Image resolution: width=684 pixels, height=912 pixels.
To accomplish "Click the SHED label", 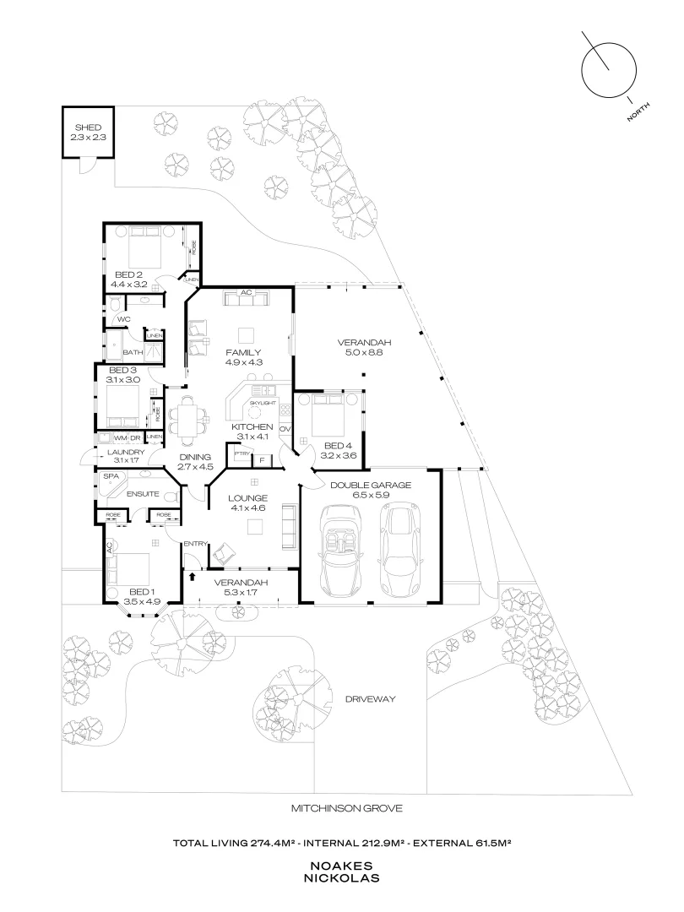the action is pyautogui.click(x=88, y=128).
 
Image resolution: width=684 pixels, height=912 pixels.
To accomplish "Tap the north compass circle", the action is pyautogui.click(x=609, y=70).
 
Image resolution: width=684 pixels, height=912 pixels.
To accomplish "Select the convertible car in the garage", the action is pyautogui.click(x=341, y=551).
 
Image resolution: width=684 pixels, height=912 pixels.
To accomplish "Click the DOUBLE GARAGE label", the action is pyautogui.click(x=371, y=485).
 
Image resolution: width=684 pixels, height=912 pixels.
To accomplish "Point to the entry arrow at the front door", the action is pyautogui.click(x=193, y=577).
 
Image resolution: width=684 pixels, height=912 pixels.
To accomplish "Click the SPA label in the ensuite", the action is pyautogui.click(x=111, y=476).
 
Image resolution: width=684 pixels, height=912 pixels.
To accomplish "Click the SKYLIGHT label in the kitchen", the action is pyautogui.click(x=263, y=403).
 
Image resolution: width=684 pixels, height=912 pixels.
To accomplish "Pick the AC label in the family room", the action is pyautogui.click(x=246, y=292).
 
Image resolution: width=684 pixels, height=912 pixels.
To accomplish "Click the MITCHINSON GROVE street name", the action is pyautogui.click(x=347, y=808).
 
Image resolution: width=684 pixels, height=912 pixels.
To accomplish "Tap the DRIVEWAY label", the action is pyautogui.click(x=370, y=699).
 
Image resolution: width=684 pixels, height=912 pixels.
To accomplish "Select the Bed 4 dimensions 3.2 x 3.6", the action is pyautogui.click(x=338, y=456).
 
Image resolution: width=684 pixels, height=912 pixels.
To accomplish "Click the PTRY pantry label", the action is pyautogui.click(x=242, y=453).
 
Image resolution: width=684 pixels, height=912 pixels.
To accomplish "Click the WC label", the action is pyautogui.click(x=123, y=319).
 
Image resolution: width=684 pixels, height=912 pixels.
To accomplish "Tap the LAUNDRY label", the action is pyautogui.click(x=126, y=452).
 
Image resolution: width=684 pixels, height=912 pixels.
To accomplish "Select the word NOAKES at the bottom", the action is pyautogui.click(x=341, y=866).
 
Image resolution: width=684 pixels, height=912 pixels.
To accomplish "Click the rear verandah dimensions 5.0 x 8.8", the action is pyautogui.click(x=360, y=352).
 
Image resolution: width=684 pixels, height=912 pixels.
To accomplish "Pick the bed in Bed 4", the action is pyautogui.click(x=328, y=415).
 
